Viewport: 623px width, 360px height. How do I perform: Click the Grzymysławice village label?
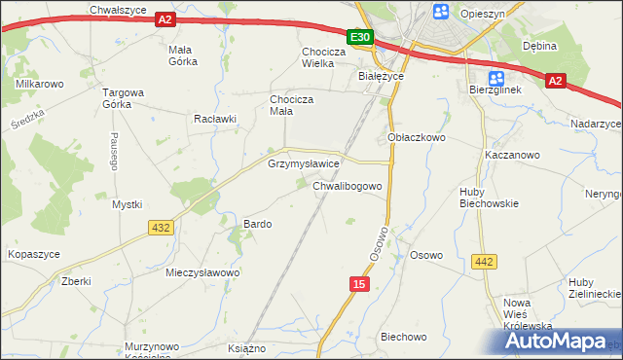click(x=303, y=164)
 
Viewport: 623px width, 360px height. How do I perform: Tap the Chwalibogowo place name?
click(x=352, y=185)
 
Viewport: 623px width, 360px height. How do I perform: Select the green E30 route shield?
click(x=360, y=38)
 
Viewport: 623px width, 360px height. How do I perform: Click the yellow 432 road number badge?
click(x=162, y=227)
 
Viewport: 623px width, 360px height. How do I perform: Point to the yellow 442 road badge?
click(x=483, y=261)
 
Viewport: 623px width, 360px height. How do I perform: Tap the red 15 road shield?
click(x=360, y=282)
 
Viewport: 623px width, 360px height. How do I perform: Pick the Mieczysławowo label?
click(x=202, y=272)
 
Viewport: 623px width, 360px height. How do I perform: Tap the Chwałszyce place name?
click(x=117, y=9)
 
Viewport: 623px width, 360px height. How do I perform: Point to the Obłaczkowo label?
click(x=416, y=138)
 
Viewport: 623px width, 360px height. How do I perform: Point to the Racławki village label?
click(x=216, y=119)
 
